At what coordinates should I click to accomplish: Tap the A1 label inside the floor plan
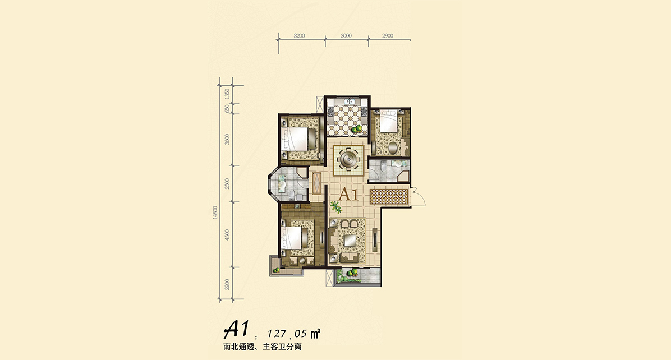coord(348,195)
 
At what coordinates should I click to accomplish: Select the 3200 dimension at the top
coord(300,35)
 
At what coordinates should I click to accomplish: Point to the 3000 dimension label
coord(346,35)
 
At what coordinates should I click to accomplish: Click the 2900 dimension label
coord(387,35)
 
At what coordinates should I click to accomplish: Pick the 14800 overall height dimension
coord(215,212)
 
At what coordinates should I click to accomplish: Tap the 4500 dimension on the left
coord(227,234)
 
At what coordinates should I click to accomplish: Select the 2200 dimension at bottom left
coord(227,284)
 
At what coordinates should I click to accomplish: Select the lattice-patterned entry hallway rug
coord(389,197)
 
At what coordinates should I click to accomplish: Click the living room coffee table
coord(350,241)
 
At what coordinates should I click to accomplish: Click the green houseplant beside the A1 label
coord(337,208)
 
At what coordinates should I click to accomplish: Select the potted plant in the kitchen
coord(356,128)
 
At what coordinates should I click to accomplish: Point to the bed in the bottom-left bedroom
coord(297,237)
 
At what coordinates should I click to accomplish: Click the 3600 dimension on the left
coord(227,139)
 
